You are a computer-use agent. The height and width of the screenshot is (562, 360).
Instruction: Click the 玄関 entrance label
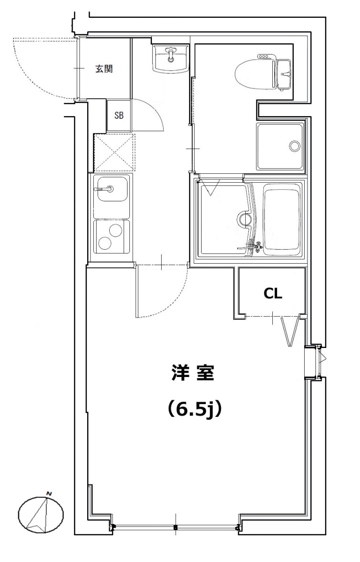coord(104,68)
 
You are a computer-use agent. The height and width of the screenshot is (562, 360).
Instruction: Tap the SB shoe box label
coord(119,115)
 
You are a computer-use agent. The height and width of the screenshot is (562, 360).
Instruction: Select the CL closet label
coord(273,293)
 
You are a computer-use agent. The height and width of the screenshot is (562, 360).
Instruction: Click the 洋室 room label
coord(193,373)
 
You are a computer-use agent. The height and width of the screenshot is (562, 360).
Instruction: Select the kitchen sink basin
coord(112,189)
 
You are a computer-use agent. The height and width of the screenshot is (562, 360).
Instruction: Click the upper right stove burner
coord(115,229)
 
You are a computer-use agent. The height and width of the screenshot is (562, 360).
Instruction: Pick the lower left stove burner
coord(105,243)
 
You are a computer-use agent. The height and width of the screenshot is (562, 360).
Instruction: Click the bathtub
coord(282,219)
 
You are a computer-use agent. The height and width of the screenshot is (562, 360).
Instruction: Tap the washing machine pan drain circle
coord(294,146)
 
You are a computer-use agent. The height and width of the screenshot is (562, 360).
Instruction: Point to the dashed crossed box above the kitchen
coord(114,153)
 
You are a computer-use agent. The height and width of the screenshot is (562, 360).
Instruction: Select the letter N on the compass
coord(49,494)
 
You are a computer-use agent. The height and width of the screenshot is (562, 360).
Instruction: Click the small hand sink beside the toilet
coord(284,75)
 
